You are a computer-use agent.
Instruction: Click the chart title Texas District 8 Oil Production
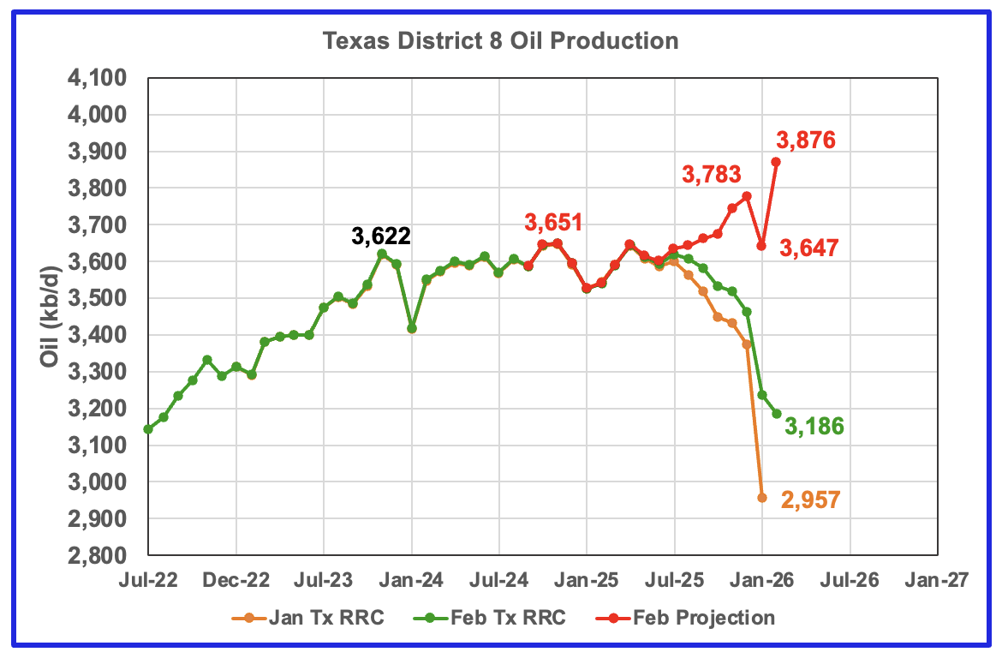pos(500,41)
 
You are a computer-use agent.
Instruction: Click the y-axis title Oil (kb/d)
pos(49,316)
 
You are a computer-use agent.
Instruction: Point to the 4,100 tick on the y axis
pos(97,78)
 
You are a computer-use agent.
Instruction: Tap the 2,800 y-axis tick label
pos(97,555)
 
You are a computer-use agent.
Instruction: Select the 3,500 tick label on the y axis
pos(97,298)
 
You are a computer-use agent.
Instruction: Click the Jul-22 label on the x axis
pos(148,580)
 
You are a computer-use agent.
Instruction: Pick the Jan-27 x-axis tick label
pos(938,580)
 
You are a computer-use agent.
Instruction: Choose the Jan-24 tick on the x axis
pos(412,580)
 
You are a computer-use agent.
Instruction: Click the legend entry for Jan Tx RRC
pos(308,618)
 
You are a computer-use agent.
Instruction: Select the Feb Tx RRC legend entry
pos(490,618)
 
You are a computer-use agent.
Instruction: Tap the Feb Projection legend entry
pos(685,618)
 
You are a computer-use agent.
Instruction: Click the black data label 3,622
pos(381,236)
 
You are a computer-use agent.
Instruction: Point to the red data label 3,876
pos(806,140)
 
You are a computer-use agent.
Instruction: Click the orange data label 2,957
pos(810,500)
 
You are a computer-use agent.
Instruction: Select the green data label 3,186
pos(814,426)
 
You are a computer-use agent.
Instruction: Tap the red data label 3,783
pos(711,174)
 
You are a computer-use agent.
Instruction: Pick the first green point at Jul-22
pos(148,429)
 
